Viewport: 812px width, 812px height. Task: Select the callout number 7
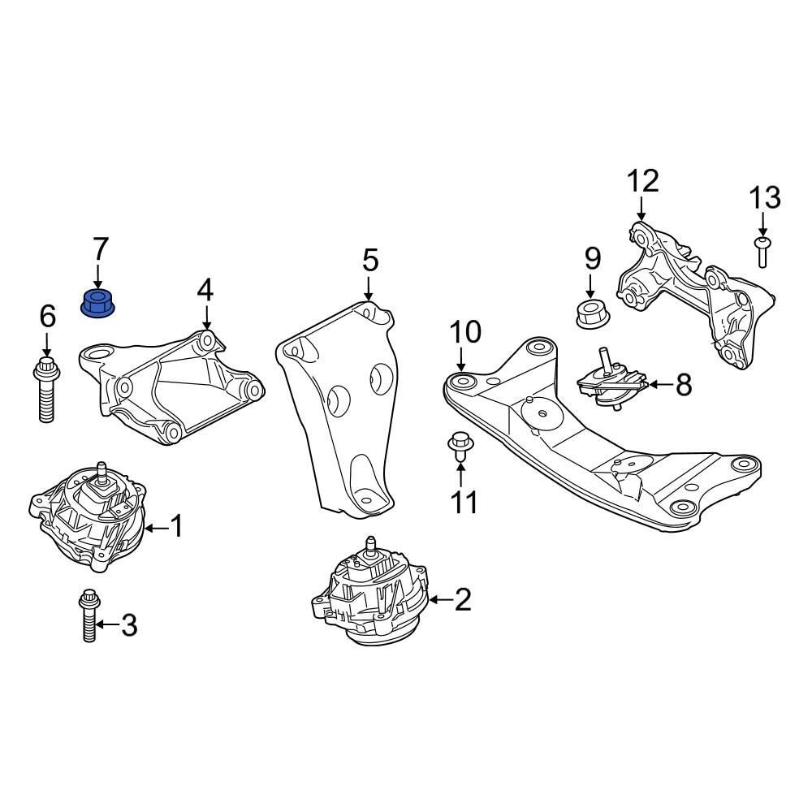coord(99,248)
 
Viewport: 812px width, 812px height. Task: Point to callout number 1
coord(176,526)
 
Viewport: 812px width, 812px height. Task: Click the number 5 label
coord(369,261)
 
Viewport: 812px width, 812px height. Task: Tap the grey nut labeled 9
coord(591,313)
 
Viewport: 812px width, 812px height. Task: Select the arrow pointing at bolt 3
coord(107,624)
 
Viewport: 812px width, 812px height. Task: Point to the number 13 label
coord(764,197)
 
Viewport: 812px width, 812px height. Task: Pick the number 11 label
coord(464,503)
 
